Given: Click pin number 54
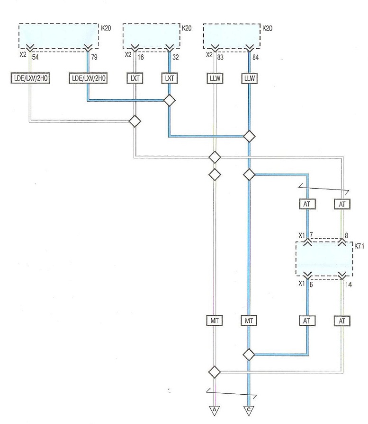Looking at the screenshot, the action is coord(35,57).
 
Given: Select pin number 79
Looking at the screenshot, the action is coord(94,57).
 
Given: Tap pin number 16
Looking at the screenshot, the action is coord(141,57).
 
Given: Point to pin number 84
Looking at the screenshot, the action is coord(255,57).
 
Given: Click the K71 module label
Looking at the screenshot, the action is coord(359,246).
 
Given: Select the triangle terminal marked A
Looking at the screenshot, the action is coord(215,410).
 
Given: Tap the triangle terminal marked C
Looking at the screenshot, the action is coord(249,410).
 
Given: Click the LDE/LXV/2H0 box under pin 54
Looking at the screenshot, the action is coord(30,78).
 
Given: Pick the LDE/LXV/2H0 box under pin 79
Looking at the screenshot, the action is coord(88,78).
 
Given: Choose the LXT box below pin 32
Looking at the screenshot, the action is coord(170,78).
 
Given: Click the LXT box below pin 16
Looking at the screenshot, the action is coord(135,78).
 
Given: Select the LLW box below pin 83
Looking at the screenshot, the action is coord(215,78).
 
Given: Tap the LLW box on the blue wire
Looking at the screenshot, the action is coord(249,78).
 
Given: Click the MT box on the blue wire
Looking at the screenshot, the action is coord(249,320).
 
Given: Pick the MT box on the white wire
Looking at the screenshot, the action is coord(215,320).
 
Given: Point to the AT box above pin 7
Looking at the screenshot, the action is coord(307,204).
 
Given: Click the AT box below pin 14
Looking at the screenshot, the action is coord(342,320).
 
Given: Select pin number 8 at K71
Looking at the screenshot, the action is coord(346,235).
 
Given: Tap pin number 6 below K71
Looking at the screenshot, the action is coord(311,285).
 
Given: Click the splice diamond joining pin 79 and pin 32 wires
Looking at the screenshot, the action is coord(170,100).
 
